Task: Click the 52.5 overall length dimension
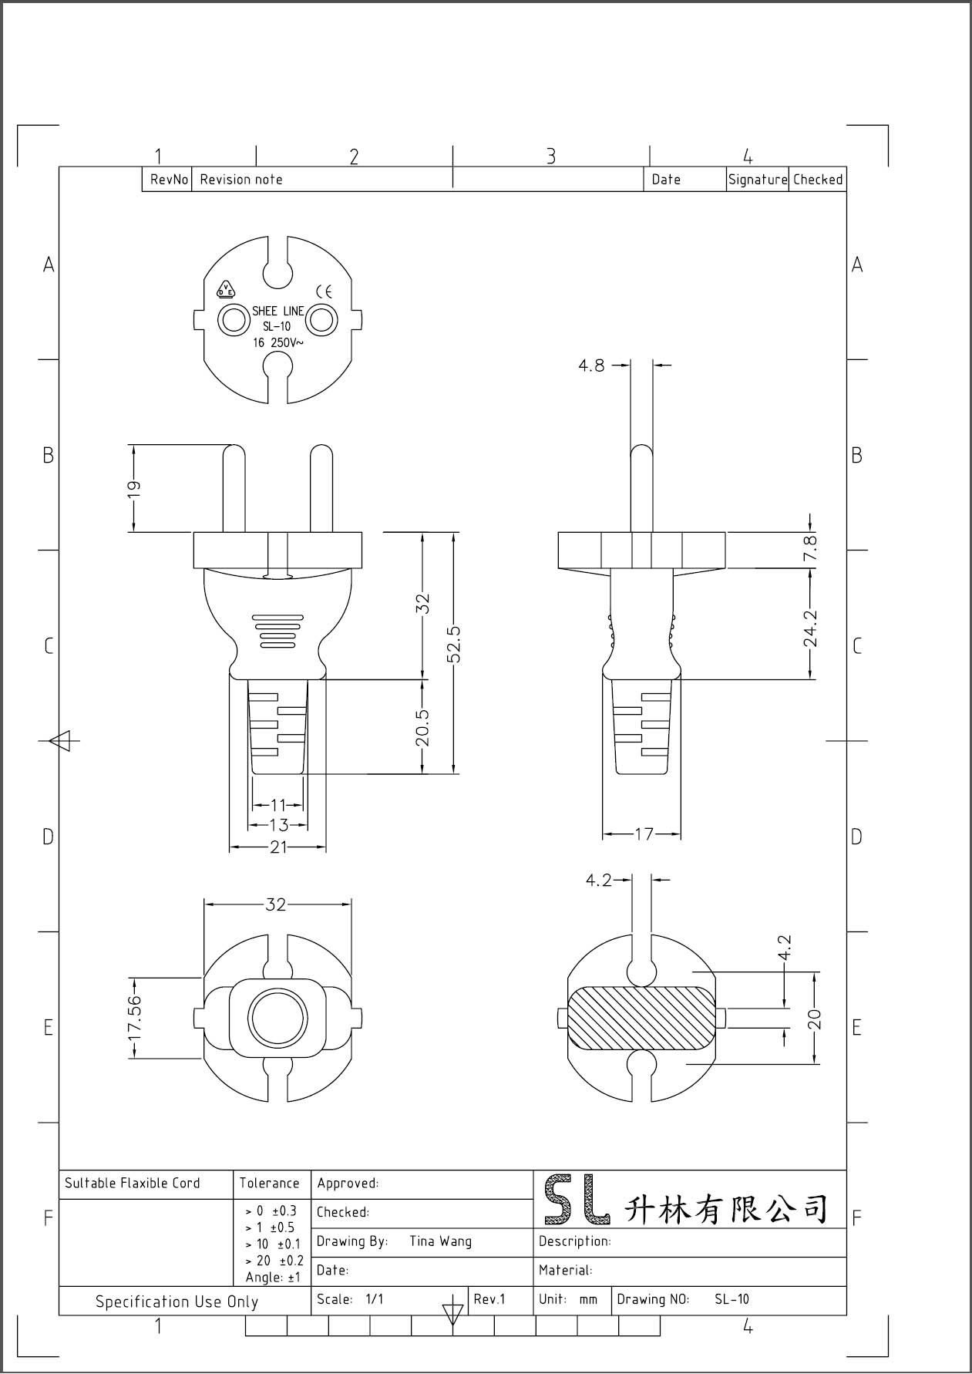click(454, 644)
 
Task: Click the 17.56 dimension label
click(135, 1017)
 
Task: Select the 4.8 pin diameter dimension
click(592, 365)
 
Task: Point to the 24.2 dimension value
click(810, 628)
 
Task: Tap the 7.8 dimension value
click(810, 549)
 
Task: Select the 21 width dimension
click(277, 847)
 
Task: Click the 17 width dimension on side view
click(644, 834)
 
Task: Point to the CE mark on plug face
click(324, 291)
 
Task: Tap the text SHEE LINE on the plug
click(277, 312)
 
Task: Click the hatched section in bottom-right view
click(640, 1018)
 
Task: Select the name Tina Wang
click(440, 1241)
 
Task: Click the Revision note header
click(241, 180)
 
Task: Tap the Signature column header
click(757, 180)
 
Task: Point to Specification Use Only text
click(177, 1302)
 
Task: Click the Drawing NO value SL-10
click(731, 1299)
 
